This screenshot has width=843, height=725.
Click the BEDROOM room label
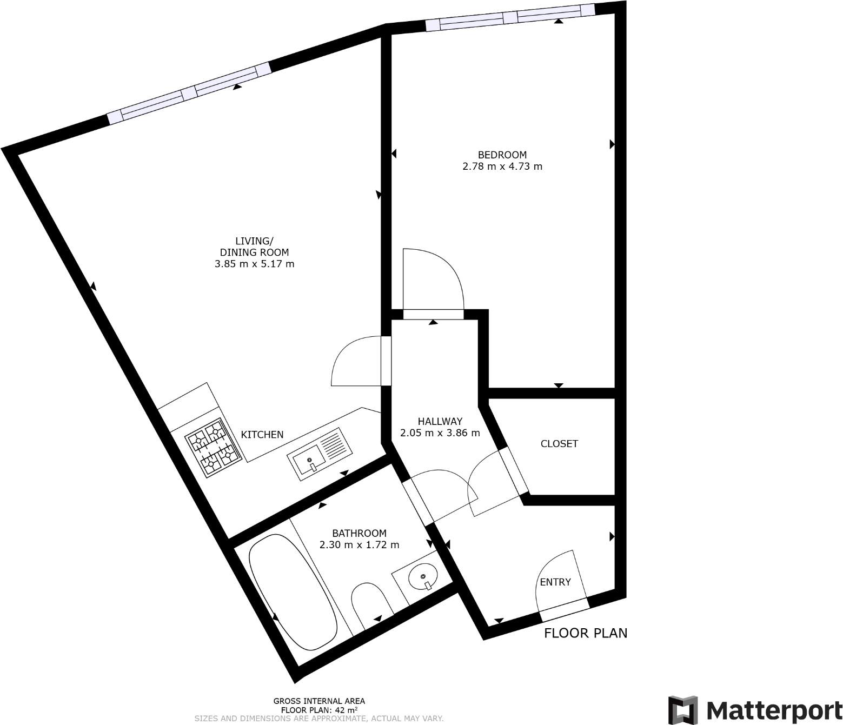click(502, 155)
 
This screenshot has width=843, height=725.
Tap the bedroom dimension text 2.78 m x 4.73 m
click(502, 167)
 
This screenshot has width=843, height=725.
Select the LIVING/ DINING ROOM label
click(254, 247)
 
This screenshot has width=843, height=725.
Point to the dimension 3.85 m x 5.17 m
click(254, 264)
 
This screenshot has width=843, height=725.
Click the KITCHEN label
click(262, 435)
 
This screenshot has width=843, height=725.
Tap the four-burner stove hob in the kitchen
click(214, 447)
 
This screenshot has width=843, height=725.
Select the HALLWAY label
click(440, 421)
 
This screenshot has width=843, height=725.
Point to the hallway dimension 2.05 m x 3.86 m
click(440, 433)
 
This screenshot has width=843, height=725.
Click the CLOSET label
click(559, 444)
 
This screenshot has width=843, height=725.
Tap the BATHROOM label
click(359, 533)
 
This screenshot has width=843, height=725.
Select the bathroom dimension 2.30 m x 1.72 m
click(359, 545)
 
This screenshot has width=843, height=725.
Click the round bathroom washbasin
click(423, 578)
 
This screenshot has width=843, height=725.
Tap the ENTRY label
click(555, 582)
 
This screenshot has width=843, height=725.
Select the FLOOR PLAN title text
click(586, 633)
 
